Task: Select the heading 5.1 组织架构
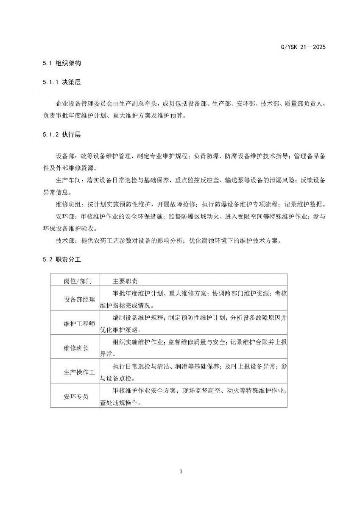point(61,64)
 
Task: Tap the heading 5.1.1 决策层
point(61,83)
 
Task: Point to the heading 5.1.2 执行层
point(61,135)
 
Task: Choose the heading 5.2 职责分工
point(61,260)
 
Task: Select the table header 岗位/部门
point(75,281)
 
